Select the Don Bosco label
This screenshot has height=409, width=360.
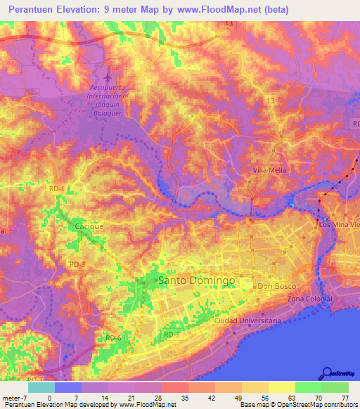pyautogui.click(x=274, y=287)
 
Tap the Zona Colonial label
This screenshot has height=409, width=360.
pyautogui.click(x=309, y=299)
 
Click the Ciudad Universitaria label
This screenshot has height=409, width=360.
pyautogui.click(x=248, y=320)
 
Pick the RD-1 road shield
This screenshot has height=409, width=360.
pyautogui.click(x=56, y=189)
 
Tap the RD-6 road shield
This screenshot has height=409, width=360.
pyautogui.click(x=113, y=337)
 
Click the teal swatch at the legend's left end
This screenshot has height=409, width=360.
pyautogui.click(x=41, y=387)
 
